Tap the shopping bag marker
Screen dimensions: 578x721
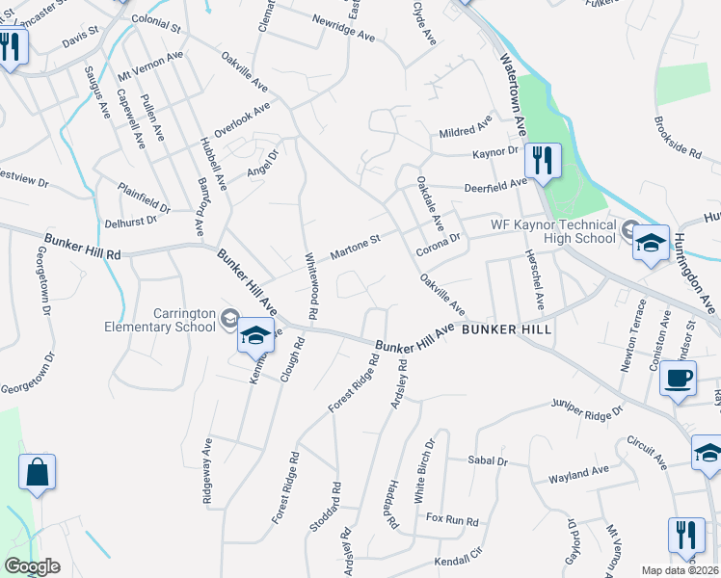37,473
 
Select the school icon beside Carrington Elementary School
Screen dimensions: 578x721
255,335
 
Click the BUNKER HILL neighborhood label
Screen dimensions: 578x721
506,329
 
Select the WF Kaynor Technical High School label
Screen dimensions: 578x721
552,231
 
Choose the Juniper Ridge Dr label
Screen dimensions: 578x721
588,408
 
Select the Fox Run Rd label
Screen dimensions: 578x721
452,521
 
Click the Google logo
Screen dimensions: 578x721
31,566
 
